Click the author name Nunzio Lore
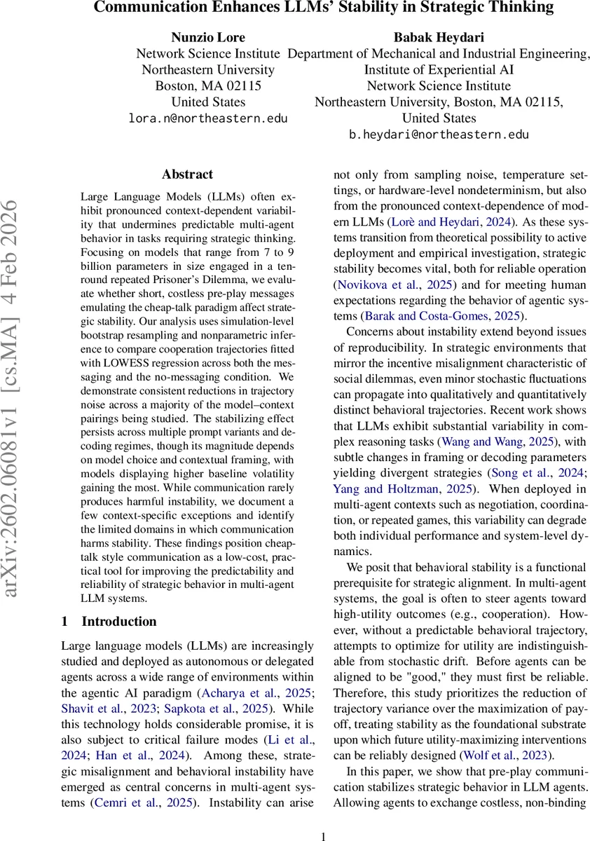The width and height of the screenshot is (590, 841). pyautogui.click(x=208, y=36)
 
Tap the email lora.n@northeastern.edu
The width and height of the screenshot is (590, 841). pyautogui.click(x=208, y=118)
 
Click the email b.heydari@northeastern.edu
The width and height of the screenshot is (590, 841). pyautogui.click(x=439, y=135)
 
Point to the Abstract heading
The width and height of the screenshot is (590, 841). pyautogui.click(x=187, y=175)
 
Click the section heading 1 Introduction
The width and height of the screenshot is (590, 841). pyautogui.click(x=109, y=621)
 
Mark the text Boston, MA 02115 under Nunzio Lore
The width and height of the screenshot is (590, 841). pyautogui.click(x=208, y=86)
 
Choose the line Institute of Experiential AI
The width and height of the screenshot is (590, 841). pyautogui.click(x=439, y=69)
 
